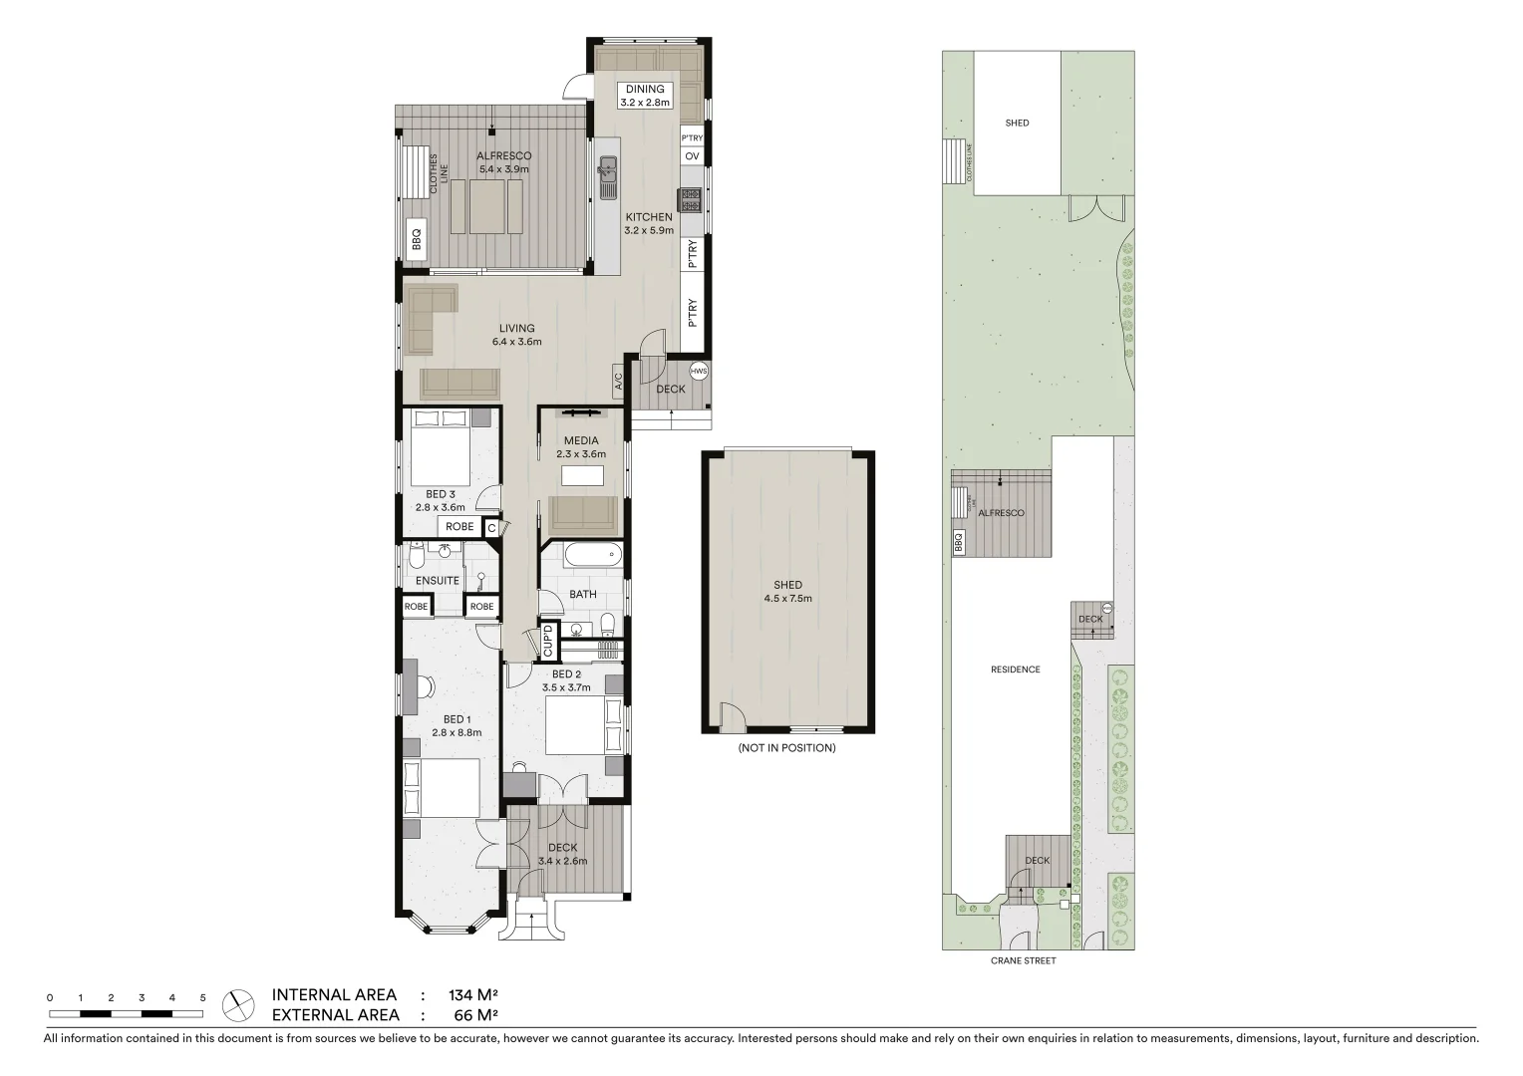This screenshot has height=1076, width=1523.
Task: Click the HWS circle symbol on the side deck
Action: [699, 372]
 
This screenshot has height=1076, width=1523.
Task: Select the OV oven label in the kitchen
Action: [692, 156]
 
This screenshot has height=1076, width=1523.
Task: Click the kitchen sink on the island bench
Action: [607, 177]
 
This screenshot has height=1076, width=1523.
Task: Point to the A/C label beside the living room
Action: [618, 381]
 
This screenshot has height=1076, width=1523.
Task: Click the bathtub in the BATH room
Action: [582, 555]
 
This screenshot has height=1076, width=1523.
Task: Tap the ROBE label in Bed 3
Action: [459, 527]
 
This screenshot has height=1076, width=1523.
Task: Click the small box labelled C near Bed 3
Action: [490, 528]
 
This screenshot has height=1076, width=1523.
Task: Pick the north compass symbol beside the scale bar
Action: [238, 1005]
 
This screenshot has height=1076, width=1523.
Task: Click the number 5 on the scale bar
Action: [202, 997]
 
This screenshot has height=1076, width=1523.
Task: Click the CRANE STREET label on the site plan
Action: [1023, 960]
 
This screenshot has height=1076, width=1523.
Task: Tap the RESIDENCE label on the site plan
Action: [1015, 670]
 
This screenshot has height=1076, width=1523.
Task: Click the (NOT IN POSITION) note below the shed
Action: [786, 747]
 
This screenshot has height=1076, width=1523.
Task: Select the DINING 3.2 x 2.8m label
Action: [645, 96]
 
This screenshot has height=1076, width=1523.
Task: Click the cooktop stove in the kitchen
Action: [691, 199]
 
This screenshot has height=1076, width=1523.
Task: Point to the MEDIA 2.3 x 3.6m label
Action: [581, 447]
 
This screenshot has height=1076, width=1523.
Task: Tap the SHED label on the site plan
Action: [1017, 123]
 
